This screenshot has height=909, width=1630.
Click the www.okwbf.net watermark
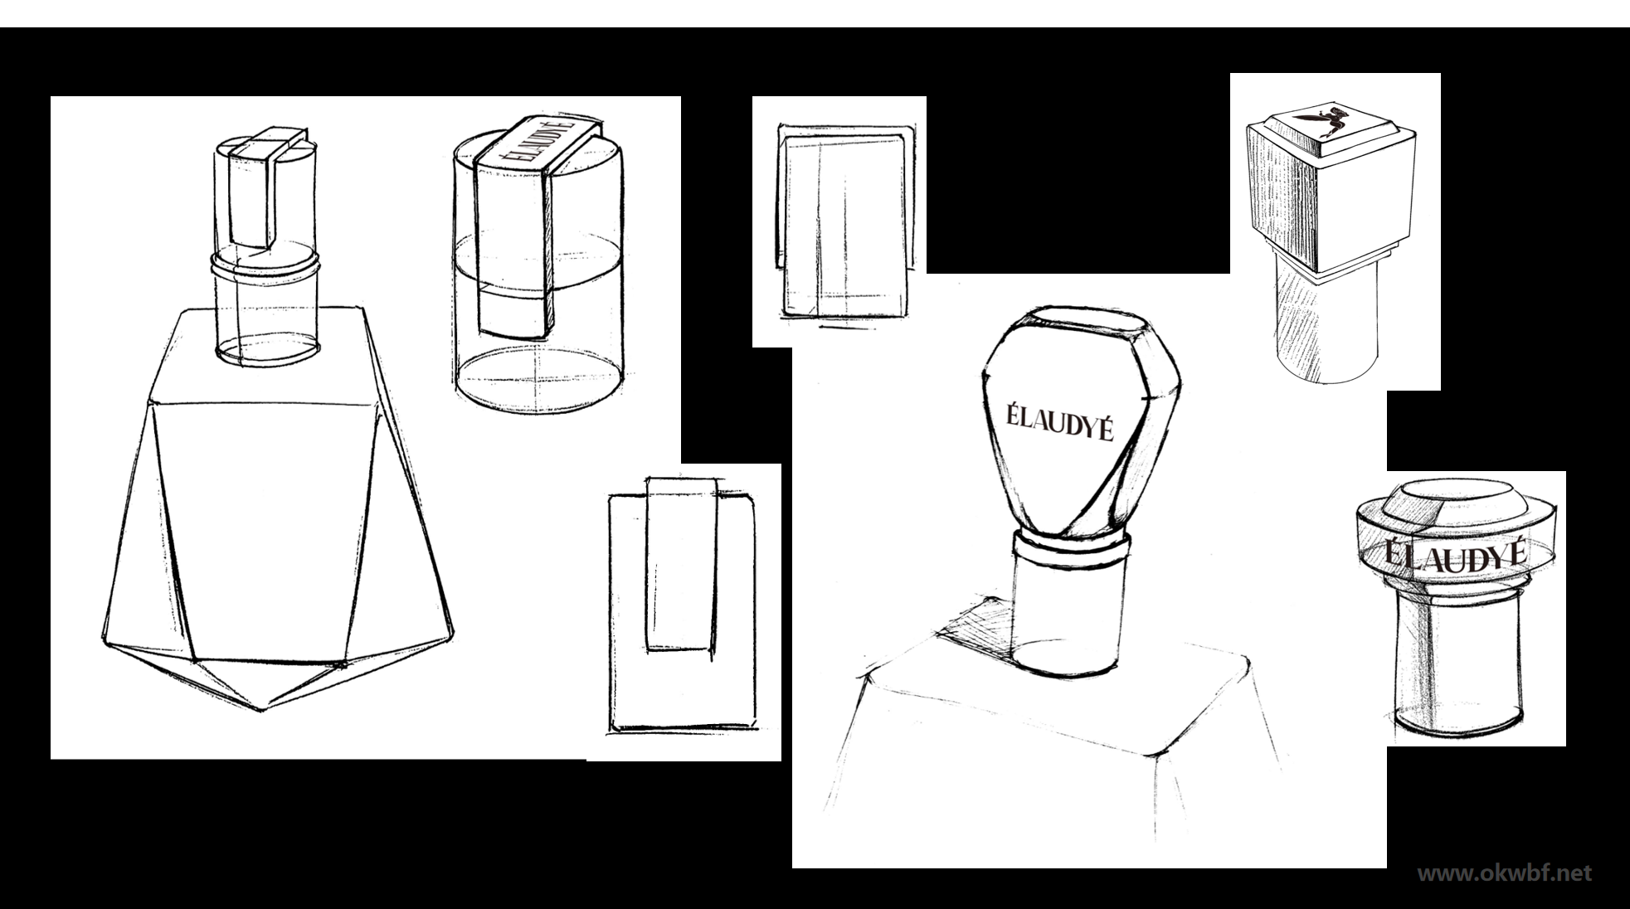[x=1504, y=873]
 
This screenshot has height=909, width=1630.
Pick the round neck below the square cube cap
[x=1327, y=323]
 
